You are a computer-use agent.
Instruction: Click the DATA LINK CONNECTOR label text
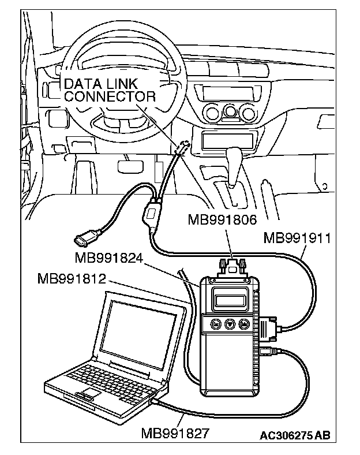tap(110, 90)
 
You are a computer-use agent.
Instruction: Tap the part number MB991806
tap(222, 219)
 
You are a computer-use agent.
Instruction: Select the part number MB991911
tap(297, 238)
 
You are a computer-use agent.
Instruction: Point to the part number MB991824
tap(109, 258)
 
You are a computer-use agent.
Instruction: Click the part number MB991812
tap(72, 279)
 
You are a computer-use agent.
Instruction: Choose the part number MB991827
tap(175, 434)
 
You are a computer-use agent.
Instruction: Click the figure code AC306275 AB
tap(295, 435)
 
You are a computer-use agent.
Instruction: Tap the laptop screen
tap(138, 334)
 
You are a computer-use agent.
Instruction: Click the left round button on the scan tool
tap(215, 323)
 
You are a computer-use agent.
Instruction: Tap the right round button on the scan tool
tap(243, 323)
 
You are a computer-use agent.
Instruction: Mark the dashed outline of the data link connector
tap(182, 147)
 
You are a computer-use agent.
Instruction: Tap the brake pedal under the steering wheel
tap(130, 166)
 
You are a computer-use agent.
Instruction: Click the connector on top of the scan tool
tap(231, 267)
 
